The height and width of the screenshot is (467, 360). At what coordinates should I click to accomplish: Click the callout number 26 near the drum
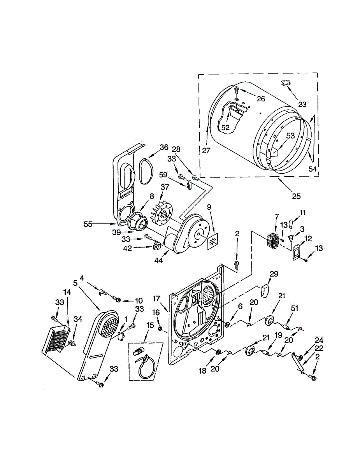[x=260, y=99]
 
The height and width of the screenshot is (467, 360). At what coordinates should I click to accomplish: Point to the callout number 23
[x=302, y=104]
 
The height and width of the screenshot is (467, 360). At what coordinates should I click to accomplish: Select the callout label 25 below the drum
[x=296, y=196]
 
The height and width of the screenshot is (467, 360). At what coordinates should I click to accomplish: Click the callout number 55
[x=88, y=224]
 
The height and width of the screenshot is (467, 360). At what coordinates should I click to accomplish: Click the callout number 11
[x=302, y=212]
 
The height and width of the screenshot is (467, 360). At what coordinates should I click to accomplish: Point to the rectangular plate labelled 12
[x=297, y=251]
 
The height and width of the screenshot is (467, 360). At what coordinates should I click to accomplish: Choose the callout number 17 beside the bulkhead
[x=156, y=299]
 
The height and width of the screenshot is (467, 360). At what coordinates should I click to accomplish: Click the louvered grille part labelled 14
[x=57, y=339]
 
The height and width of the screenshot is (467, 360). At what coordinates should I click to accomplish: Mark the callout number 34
[x=78, y=319]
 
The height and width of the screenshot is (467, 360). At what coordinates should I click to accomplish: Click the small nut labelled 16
[x=160, y=329]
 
